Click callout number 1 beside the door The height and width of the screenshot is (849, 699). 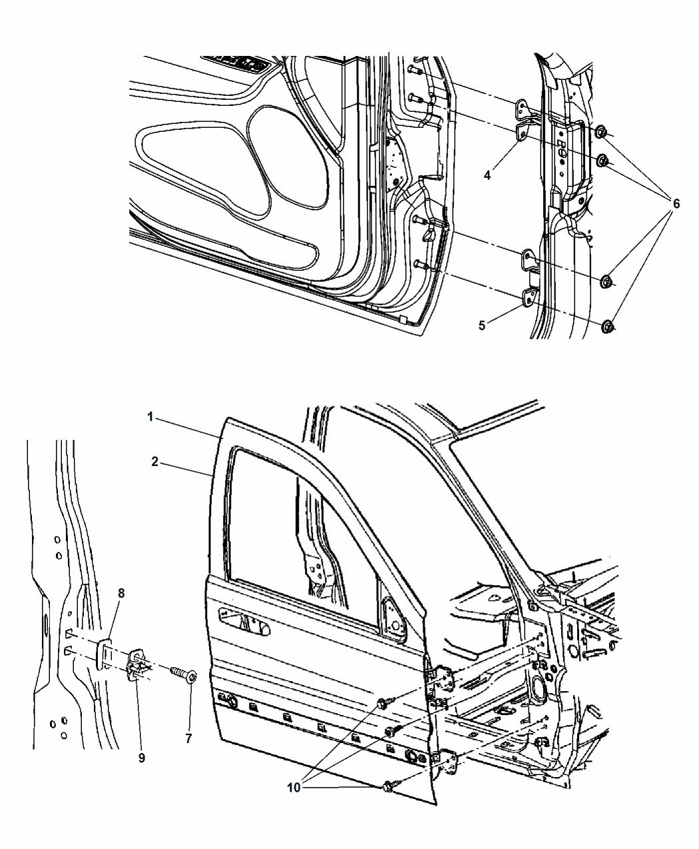click(x=151, y=417)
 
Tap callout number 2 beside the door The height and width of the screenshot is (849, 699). click(x=154, y=461)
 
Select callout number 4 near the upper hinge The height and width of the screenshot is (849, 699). click(x=487, y=175)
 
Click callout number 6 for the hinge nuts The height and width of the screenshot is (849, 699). click(x=676, y=204)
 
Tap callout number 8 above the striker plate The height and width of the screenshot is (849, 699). click(x=120, y=593)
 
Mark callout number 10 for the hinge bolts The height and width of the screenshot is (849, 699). click(x=294, y=786)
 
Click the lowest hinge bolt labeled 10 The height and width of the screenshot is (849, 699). click(x=389, y=787)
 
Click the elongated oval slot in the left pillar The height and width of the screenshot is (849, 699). click(x=45, y=627)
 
